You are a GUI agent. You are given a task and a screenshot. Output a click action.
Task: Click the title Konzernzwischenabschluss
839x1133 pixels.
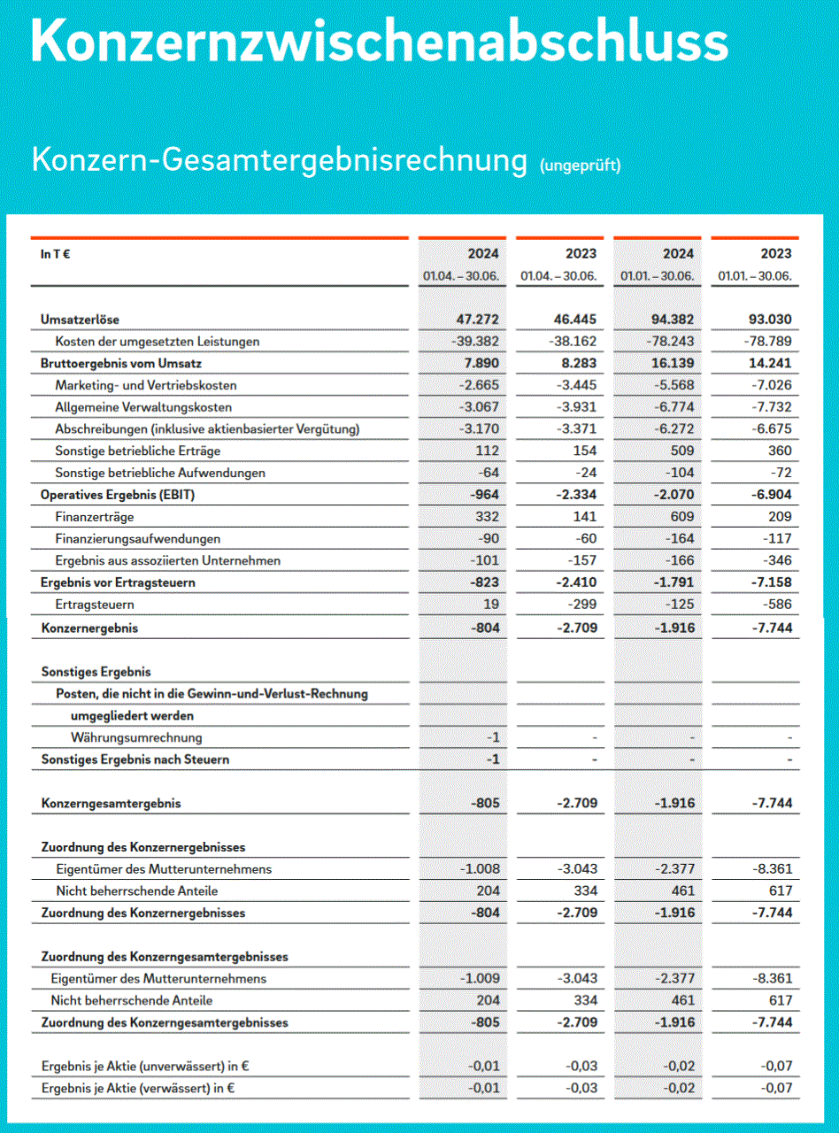pos(380,40)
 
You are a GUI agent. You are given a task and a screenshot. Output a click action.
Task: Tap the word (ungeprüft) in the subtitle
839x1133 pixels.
pos(580,165)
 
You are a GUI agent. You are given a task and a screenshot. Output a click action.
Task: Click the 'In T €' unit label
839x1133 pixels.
pos(56,255)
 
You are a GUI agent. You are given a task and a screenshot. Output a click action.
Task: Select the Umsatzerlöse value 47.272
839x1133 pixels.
pos(475,320)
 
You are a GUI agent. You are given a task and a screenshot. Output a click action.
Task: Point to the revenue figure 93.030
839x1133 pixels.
pos(767,320)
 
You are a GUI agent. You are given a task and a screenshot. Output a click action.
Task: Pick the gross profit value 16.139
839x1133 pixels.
pos(670,363)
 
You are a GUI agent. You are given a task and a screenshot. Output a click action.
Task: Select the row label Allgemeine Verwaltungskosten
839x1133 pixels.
pos(143,407)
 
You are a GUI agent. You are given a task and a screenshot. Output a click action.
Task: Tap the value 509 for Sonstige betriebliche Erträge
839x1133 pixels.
pos(683,451)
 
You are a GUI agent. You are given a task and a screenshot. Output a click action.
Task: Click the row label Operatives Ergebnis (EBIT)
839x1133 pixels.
pos(117,495)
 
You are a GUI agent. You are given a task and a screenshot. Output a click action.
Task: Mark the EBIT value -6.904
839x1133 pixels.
pos(769,495)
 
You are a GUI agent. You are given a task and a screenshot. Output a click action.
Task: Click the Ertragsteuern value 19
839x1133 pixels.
pos(491,605)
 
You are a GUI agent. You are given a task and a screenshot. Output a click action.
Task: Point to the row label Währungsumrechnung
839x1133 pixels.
pos(136,737)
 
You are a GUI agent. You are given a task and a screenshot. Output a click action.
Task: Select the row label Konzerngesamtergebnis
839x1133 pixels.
pos(111,804)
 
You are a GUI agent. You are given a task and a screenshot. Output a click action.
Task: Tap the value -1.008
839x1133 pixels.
pos(481,869)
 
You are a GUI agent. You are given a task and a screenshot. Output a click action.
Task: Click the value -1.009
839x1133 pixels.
pos(481,979)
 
